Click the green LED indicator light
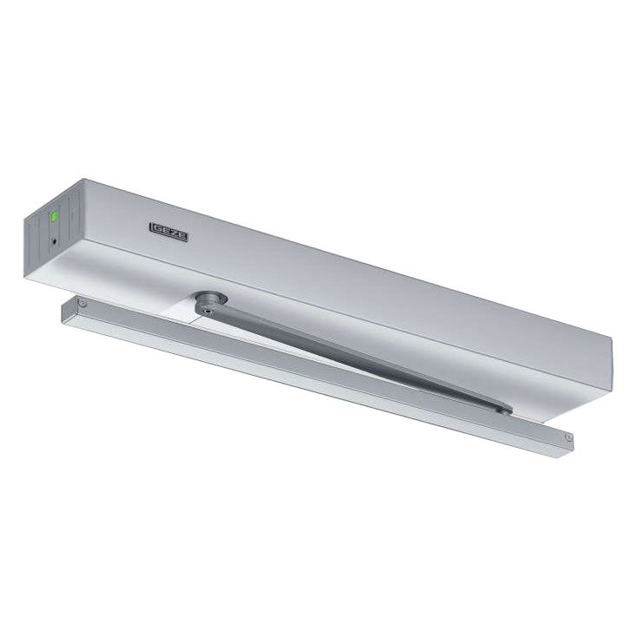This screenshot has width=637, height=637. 53,216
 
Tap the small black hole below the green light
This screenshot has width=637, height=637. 55,242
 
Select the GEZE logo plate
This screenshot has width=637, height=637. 168,232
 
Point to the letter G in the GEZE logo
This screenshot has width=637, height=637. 156,229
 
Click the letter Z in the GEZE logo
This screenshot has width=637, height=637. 173,233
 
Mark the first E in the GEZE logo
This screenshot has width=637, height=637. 164,231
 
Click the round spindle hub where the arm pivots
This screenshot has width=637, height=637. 211,299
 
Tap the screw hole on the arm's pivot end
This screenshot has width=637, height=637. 208,312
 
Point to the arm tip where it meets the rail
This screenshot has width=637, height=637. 505,410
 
